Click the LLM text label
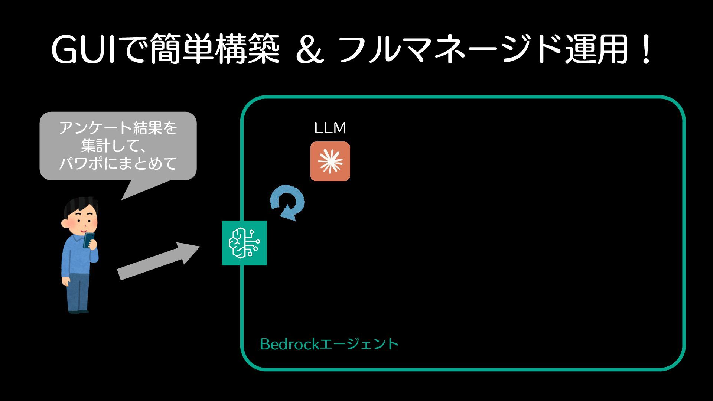point(330,128)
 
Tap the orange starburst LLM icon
point(330,161)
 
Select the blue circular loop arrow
point(287,203)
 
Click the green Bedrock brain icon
point(244,243)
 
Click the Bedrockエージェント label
point(329,344)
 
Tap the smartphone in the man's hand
point(89,239)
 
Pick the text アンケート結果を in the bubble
point(118,128)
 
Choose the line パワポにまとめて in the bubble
point(118,163)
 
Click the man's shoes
point(78,311)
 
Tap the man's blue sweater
point(76,256)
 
